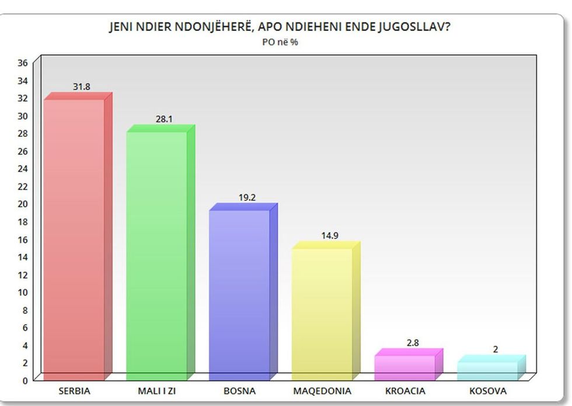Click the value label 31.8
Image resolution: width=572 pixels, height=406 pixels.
click(81, 87)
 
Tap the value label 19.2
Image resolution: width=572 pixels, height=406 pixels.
click(247, 197)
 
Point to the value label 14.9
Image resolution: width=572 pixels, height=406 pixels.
click(329, 236)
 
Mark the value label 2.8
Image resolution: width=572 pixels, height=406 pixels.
click(412, 343)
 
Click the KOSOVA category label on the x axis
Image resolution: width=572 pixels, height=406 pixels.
click(487, 391)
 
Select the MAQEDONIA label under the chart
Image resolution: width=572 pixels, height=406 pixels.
click(322, 391)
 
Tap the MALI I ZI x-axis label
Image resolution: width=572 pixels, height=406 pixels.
click(156, 391)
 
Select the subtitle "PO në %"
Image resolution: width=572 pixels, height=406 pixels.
click(281, 42)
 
